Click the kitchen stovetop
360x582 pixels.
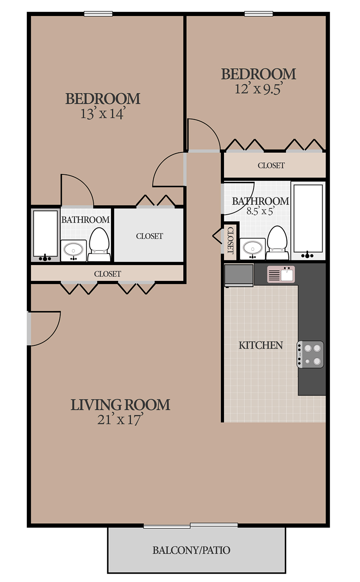click(310, 355)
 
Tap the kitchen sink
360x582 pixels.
click(281, 274)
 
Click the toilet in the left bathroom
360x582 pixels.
click(99, 244)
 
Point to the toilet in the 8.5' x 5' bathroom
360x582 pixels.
click(277, 243)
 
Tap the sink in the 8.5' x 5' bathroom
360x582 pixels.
click(252, 249)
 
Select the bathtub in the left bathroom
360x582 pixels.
click(45, 235)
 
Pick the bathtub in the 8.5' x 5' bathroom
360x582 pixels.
click(308, 221)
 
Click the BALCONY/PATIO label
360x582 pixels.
click(191, 550)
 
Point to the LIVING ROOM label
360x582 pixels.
click(120, 405)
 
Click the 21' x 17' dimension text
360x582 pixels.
click(120, 419)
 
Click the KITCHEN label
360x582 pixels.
click(261, 345)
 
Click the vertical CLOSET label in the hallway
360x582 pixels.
click(230, 240)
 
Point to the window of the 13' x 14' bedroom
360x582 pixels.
click(98, 14)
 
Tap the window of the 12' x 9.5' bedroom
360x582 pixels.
click(259, 14)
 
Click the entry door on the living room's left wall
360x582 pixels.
click(44, 328)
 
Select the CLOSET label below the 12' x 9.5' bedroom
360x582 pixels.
click(271, 165)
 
